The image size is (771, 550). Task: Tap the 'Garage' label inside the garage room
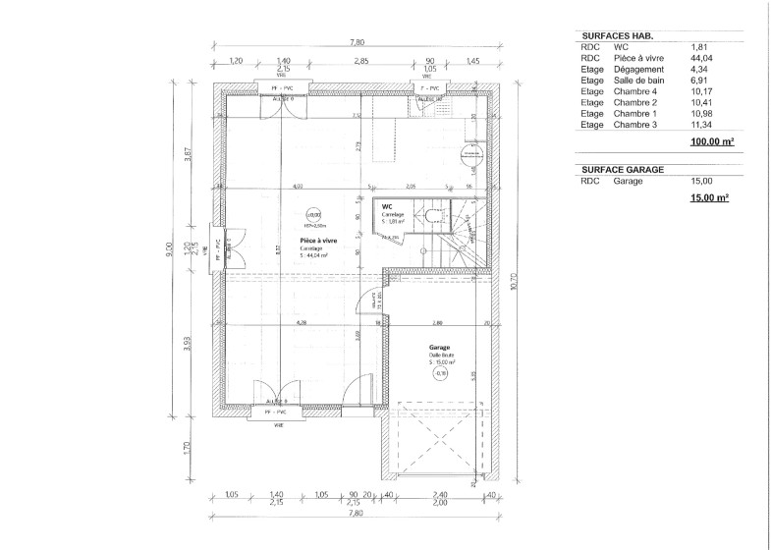click(x=438, y=348)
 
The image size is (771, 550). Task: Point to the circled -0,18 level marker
click(x=440, y=373)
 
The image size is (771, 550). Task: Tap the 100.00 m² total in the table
click(x=713, y=142)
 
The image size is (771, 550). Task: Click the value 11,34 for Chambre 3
click(x=699, y=126)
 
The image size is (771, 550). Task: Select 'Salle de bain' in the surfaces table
click(x=637, y=81)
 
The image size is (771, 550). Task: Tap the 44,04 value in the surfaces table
click(x=699, y=58)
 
